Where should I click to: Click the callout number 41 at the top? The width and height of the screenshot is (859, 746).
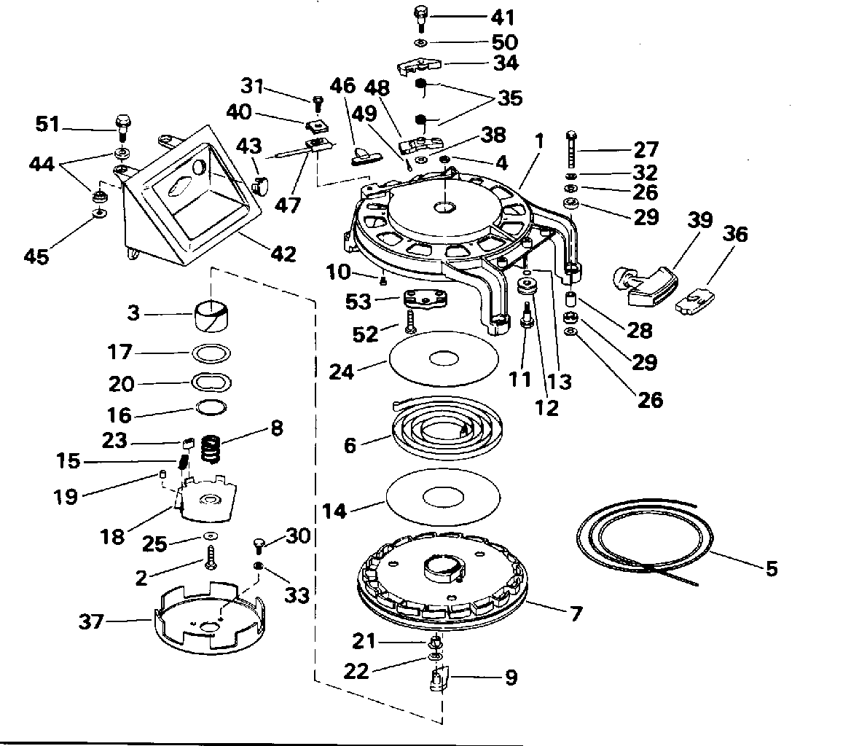(x=503, y=17)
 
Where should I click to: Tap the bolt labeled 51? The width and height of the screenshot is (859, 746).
(x=122, y=127)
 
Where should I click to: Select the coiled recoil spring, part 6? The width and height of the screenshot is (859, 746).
(x=444, y=427)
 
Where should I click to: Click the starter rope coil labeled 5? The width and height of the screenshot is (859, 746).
(x=646, y=541)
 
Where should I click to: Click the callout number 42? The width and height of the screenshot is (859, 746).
(x=283, y=254)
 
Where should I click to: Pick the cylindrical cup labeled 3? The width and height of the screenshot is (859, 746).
(x=211, y=316)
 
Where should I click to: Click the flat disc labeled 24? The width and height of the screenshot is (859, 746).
(x=444, y=358)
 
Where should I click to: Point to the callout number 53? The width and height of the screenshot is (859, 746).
(x=358, y=302)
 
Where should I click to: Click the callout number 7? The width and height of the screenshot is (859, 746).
(x=576, y=613)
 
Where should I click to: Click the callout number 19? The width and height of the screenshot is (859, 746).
(x=65, y=497)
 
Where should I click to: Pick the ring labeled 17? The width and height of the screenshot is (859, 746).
(x=211, y=353)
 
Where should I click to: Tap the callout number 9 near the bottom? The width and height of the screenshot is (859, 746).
(x=511, y=678)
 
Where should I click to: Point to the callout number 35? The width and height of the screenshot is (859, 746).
(x=509, y=98)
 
